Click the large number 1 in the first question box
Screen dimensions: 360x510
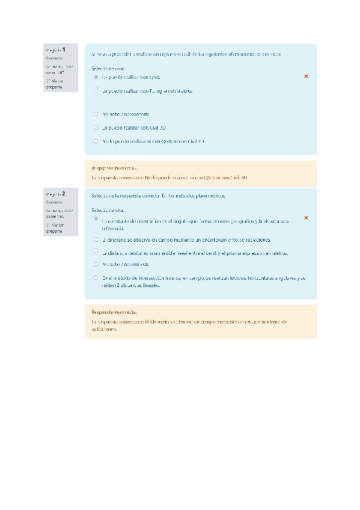[x=64, y=49]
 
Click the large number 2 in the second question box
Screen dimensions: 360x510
[x=64, y=194]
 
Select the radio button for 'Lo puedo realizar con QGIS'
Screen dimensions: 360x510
[x=96, y=77]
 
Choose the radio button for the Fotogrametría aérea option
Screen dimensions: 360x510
[x=96, y=88]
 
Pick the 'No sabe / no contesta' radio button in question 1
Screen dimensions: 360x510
[x=96, y=113]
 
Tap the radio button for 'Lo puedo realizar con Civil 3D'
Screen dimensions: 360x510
[x=96, y=127]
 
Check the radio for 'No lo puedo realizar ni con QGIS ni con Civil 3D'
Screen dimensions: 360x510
[x=96, y=141]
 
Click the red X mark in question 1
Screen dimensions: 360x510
[x=306, y=76]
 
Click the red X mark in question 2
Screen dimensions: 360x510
[x=306, y=218]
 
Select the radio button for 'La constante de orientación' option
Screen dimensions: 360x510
[x=96, y=219]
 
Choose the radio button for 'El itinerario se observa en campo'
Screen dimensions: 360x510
[x=96, y=239]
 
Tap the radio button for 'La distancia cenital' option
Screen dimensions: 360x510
[x=96, y=251]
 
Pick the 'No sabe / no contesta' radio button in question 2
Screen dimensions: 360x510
[x=96, y=263]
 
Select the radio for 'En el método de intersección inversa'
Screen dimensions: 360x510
[x=96, y=277]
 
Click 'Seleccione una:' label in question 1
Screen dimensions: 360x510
[x=108, y=69]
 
